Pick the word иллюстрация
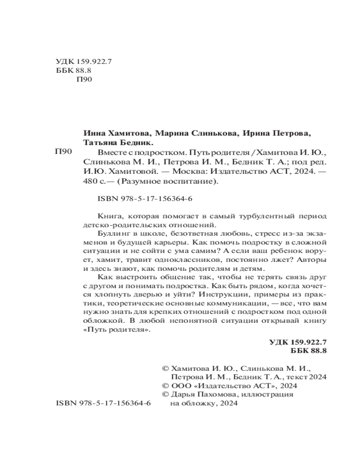click(x=269, y=395)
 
